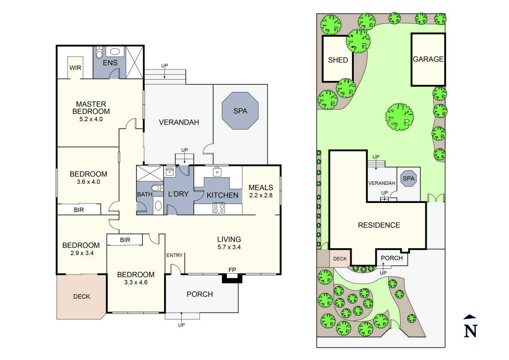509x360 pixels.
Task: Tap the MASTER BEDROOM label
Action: tap(91, 107)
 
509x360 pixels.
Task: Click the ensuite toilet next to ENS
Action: tap(99, 54)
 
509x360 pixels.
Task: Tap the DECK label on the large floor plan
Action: tap(81, 296)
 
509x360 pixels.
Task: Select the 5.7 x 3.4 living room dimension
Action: tap(229, 247)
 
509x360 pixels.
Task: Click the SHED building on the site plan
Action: tap(338, 60)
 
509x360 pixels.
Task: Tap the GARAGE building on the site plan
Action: tap(428, 59)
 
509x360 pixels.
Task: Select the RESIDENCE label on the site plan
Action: tap(379, 225)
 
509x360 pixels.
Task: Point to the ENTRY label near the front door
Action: tap(174, 255)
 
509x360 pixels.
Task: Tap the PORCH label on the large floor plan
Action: tap(199, 294)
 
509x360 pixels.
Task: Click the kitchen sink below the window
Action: tap(217, 172)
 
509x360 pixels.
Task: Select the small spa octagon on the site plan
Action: tap(407, 179)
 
